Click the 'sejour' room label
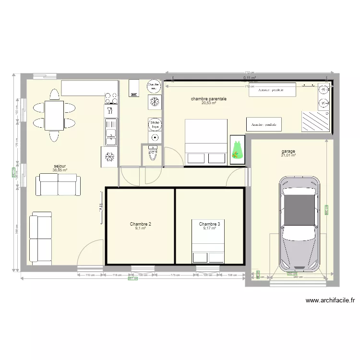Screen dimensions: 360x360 click(60, 166)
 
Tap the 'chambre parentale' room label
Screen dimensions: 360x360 click(209, 99)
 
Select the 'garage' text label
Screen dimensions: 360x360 click(288, 151)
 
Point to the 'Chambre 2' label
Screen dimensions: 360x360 click(141, 224)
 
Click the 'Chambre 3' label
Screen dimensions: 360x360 click(209, 224)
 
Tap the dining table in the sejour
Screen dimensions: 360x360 click(54, 115)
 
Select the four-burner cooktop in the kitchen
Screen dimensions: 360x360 click(111, 98)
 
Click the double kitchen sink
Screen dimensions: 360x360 click(111, 132)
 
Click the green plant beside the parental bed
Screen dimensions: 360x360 click(236, 148)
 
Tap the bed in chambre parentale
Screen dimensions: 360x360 click(206, 142)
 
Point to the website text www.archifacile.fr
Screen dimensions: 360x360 click(331, 301)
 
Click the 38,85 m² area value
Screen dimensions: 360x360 click(60, 170)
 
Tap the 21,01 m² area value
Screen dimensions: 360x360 click(288, 156)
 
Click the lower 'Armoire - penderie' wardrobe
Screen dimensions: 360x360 click(264, 124)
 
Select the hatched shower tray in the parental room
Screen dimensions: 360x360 click(315, 121)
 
